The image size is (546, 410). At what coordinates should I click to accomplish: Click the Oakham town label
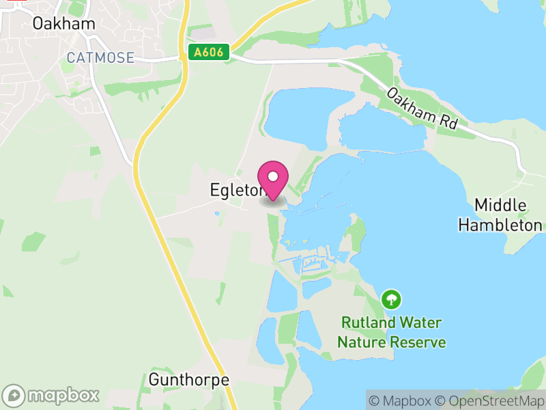pos(64,23)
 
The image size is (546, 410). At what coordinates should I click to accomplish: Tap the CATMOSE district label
pos(100,57)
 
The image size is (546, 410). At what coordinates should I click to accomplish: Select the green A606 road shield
pos(209,53)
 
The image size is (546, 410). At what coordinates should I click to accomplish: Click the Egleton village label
pos(235,191)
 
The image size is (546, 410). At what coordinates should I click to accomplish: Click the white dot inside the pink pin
pos(273,176)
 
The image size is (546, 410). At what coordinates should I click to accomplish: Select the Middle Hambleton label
pos(500,215)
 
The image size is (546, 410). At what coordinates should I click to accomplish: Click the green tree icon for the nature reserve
pos(391,299)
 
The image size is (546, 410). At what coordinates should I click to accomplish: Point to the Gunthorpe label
pos(188,379)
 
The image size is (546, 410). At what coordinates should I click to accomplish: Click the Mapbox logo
pos(53,395)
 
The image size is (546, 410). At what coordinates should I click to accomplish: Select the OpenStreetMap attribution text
pos(490,401)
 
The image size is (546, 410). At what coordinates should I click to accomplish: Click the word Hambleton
pos(500,225)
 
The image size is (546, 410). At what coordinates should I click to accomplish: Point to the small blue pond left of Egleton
pos(218,214)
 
